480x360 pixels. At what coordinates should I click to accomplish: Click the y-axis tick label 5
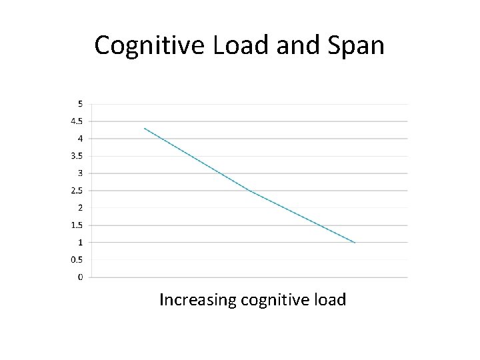point(81,104)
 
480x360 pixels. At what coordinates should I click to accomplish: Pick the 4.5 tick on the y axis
point(77,121)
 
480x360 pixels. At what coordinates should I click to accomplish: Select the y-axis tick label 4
point(81,139)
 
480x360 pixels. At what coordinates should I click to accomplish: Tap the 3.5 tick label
point(77,156)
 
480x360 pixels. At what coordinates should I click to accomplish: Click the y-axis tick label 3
point(81,173)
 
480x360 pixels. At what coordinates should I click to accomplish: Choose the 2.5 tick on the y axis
point(77,191)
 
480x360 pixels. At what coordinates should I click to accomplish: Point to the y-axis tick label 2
point(81,208)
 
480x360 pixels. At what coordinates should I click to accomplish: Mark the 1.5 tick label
point(77,225)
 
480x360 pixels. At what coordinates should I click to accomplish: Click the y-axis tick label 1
point(81,243)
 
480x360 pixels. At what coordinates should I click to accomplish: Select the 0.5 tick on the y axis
point(77,260)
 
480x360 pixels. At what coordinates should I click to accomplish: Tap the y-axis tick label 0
point(81,277)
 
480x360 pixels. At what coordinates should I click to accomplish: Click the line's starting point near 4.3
point(144,128)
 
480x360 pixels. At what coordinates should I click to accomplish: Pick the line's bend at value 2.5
point(249,191)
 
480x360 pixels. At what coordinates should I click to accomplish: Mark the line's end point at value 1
point(355,243)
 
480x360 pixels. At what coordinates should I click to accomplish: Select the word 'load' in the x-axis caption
point(329,300)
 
